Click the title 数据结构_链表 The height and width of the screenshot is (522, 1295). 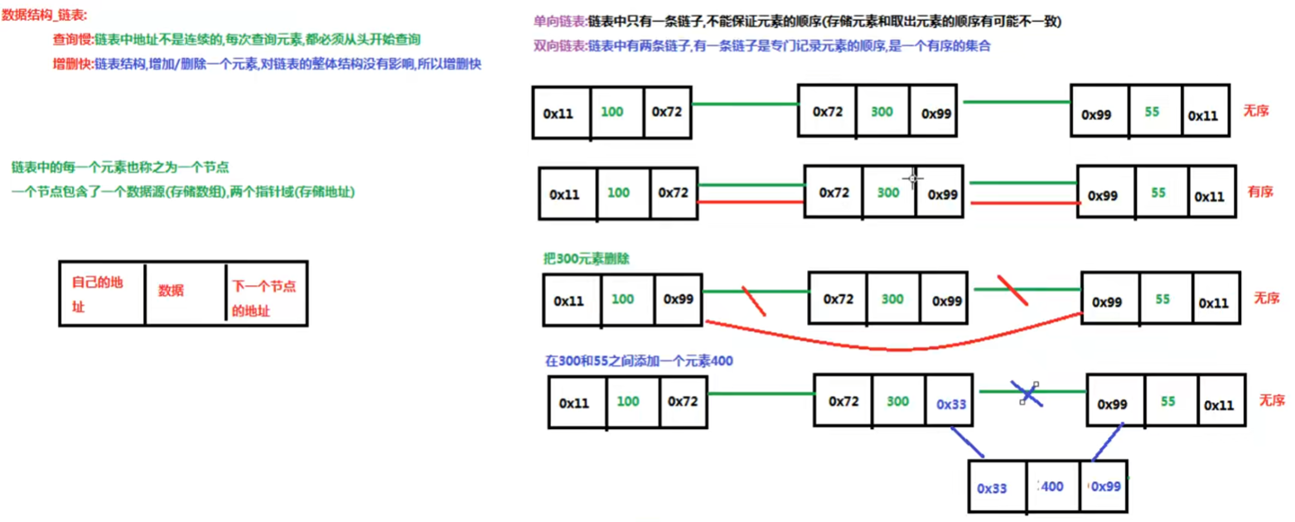pos(44,16)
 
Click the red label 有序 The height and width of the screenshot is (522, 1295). pos(1259,192)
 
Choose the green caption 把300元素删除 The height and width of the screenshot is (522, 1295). pos(587,259)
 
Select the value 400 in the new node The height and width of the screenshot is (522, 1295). pos(1051,486)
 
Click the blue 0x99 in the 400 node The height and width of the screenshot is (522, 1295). pos(1105,486)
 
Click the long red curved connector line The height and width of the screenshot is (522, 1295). pos(895,346)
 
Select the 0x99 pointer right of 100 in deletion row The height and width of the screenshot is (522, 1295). pos(679,298)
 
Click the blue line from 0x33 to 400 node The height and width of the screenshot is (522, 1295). pos(968,442)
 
